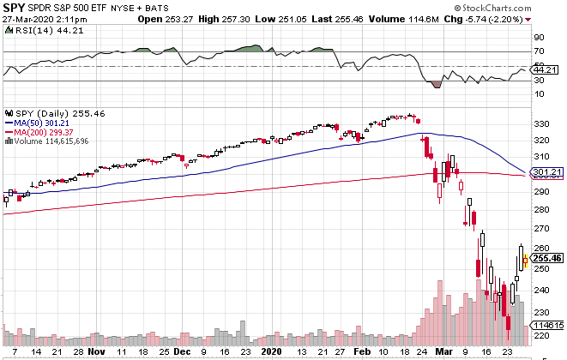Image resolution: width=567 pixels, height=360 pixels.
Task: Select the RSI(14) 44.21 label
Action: point(34,29)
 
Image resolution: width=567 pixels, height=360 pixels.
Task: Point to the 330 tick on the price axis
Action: point(540,124)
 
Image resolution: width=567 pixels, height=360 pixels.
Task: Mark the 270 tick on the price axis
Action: point(540,230)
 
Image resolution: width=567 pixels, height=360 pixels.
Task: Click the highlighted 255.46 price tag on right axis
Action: point(546,257)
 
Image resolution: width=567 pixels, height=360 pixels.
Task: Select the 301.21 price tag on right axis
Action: point(546,172)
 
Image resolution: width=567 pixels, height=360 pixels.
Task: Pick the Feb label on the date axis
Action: point(365,351)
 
